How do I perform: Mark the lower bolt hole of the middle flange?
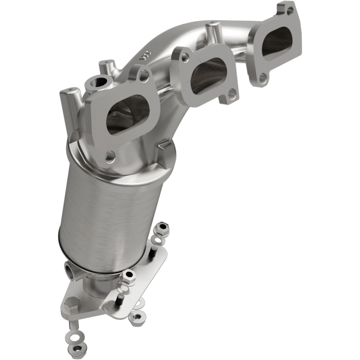point(231,94)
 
